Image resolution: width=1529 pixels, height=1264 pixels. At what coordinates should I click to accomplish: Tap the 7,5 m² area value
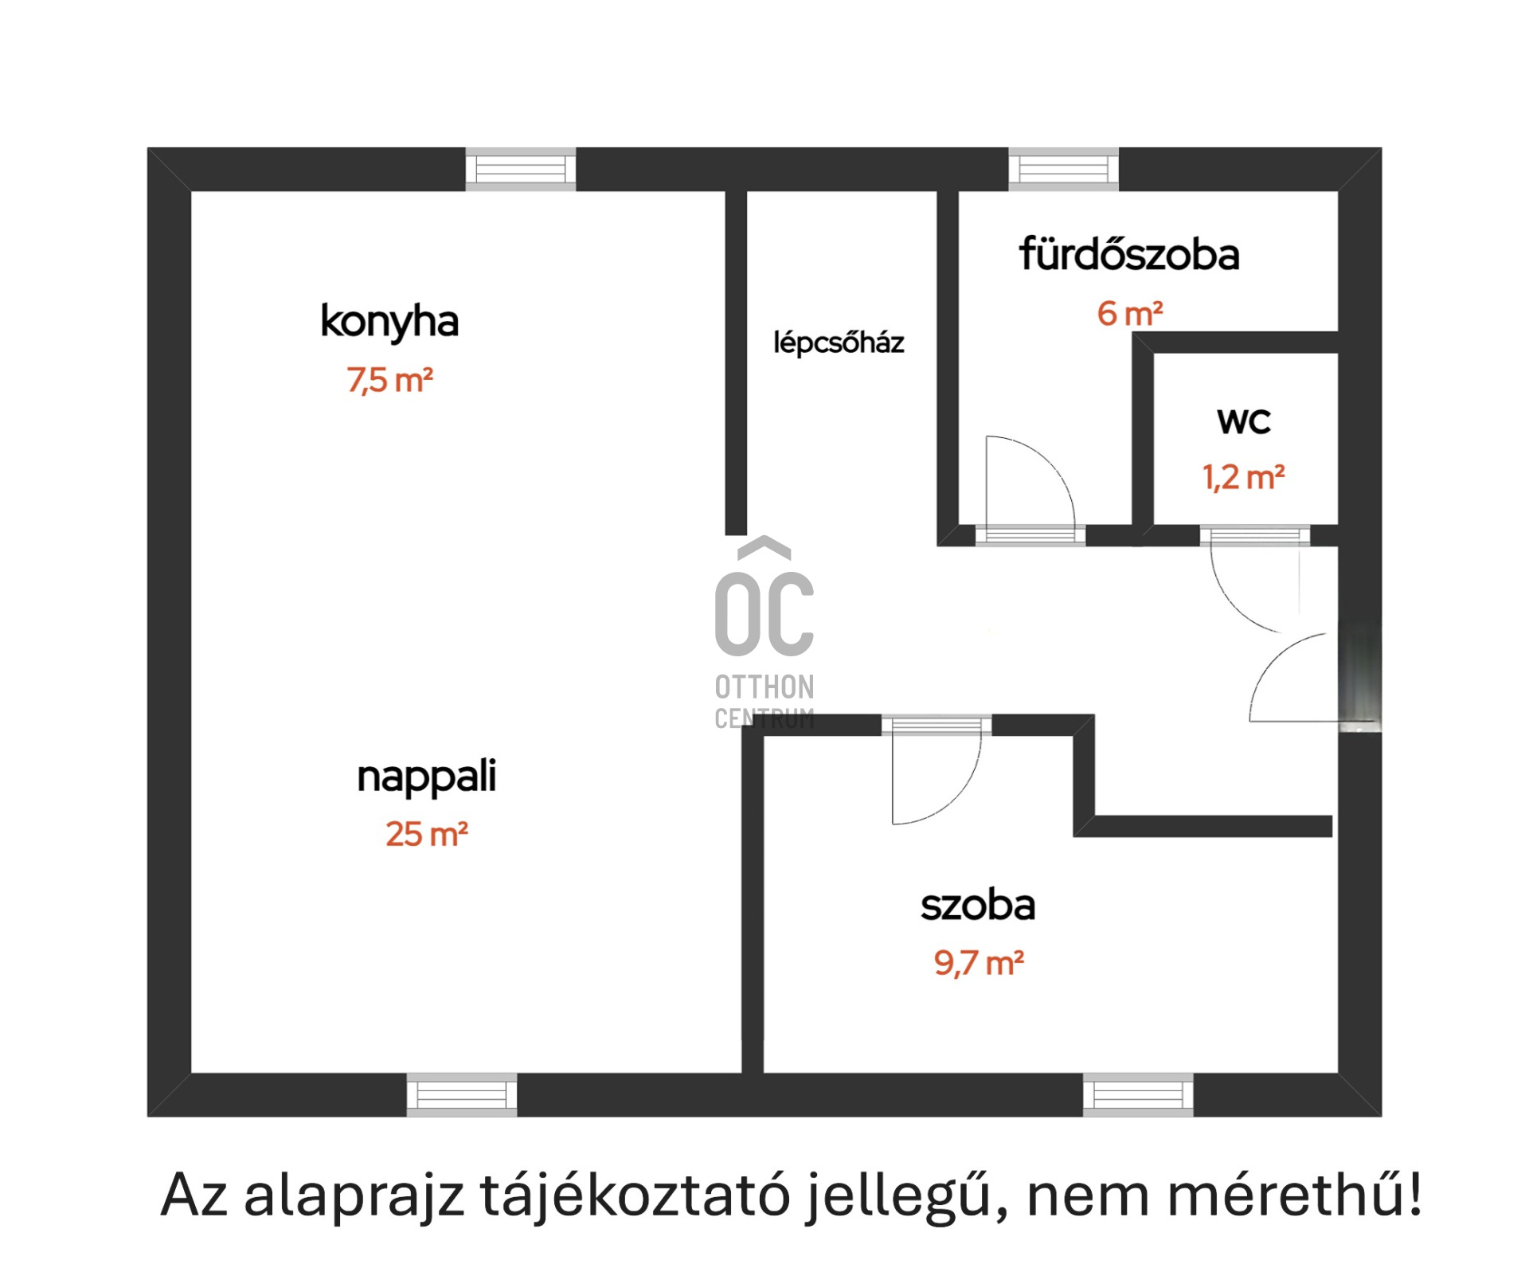tap(389, 380)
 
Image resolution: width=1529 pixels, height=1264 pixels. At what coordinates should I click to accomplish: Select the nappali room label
tap(427, 777)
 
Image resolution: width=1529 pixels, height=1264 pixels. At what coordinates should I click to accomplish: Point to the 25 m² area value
tap(427, 834)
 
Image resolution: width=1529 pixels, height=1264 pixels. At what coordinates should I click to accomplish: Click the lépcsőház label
tap(839, 342)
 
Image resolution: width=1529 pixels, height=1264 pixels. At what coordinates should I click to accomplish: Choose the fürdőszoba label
tap(1129, 255)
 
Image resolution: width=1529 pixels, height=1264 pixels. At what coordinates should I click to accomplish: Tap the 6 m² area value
tap(1130, 314)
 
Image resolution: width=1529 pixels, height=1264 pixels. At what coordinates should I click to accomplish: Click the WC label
tap(1244, 421)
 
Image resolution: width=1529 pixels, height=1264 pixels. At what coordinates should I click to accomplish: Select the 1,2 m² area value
tap(1244, 478)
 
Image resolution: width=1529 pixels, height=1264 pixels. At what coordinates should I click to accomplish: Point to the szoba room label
tap(978, 906)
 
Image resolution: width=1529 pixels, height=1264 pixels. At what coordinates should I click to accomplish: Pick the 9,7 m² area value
tap(979, 964)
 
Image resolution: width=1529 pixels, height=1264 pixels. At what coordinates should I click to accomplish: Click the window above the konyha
tap(521, 169)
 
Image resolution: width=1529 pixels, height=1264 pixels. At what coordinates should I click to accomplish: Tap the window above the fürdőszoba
tap(1064, 169)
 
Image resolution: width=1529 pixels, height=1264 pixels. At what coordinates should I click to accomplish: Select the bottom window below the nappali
tap(462, 1095)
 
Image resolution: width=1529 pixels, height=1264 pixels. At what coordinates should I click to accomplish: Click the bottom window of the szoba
tap(1138, 1095)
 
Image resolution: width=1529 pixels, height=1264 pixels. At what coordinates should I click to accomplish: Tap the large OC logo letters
tap(764, 614)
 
